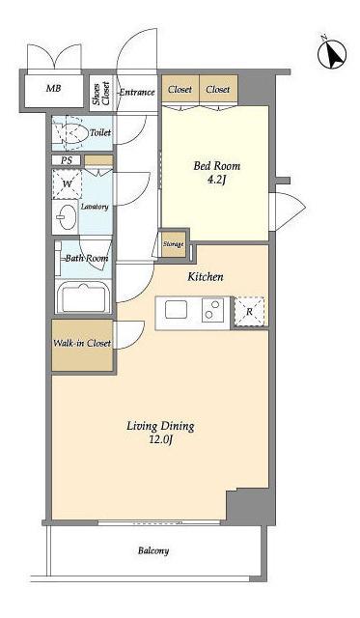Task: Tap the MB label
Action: coord(54,88)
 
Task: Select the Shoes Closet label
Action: coord(100,94)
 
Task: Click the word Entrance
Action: coord(137,93)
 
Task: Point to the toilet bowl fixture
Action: coord(70,132)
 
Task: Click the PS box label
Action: coord(66,160)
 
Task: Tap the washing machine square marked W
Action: coord(67,184)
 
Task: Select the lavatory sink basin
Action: coord(66,216)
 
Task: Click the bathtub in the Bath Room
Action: coord(83,298)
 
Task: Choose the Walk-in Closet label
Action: coord(82,343)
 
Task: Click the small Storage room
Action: coord(174,244)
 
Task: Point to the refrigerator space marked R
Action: coord(249,311)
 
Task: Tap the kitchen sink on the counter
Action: coord(176,309)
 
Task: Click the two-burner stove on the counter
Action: coord(213,310)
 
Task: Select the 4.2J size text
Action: coord(216,181)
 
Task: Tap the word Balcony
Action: coord(153,550)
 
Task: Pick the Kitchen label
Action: coord(206,277)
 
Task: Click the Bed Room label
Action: coord(216,166)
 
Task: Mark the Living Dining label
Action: coord(160,426)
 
